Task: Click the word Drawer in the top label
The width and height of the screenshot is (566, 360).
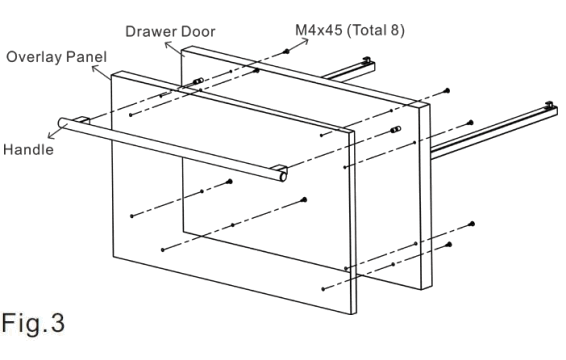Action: [147, 31]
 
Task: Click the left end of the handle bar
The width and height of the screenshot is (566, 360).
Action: [64, 124]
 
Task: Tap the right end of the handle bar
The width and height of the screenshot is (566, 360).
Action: [283, 176]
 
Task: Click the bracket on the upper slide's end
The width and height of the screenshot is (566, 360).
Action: [369, 61]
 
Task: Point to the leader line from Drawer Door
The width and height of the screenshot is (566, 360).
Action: [181, 45]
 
